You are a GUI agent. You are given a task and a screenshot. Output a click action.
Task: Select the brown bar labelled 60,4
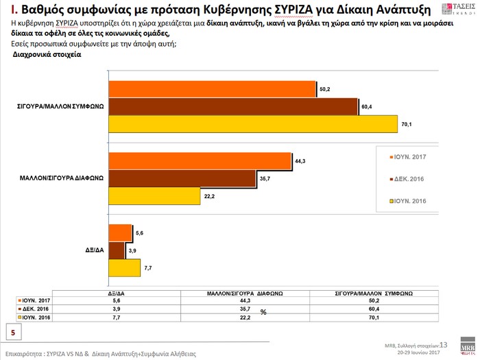click(234, 107)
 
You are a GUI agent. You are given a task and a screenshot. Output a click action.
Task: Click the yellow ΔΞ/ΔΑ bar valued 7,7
click(125, 267)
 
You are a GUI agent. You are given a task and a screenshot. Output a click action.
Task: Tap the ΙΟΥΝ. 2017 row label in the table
click(38, 300)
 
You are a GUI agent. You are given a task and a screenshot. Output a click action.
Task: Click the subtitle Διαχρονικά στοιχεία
click(47, 55)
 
